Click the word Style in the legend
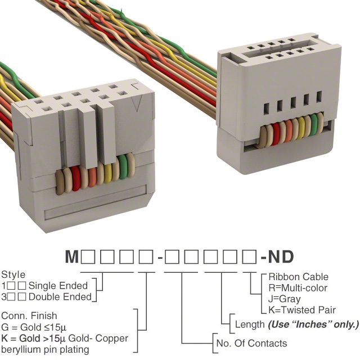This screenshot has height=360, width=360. click(13, 275)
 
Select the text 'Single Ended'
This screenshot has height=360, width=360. click(58, 286)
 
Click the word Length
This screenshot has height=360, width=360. click(249, 325)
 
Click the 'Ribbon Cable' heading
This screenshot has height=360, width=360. click(298, 277)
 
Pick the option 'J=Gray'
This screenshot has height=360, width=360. click(285, 299)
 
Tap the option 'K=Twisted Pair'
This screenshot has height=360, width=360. click(302, 310)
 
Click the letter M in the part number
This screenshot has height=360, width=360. click(71, 258)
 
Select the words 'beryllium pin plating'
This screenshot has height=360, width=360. click(46, 349)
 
